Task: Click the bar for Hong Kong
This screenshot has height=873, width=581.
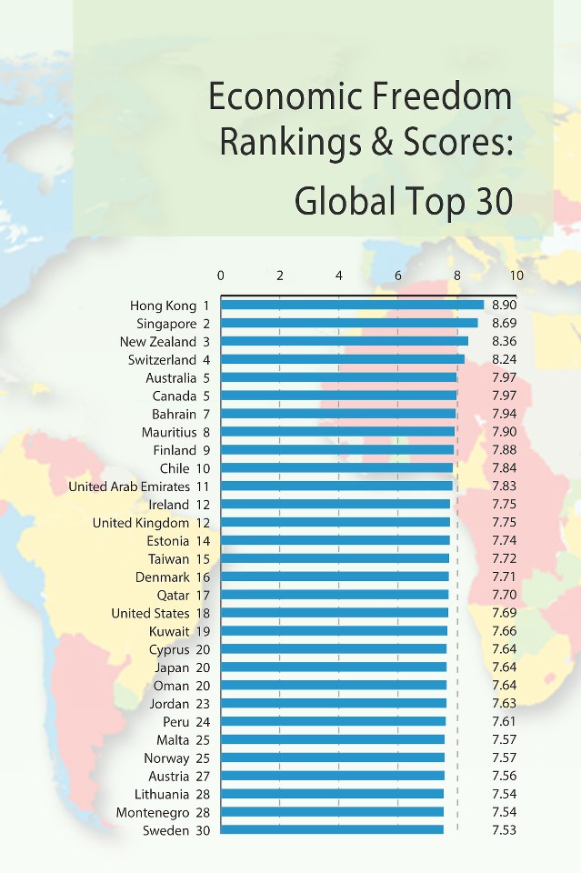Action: (352, 306)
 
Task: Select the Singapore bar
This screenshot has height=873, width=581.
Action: (349, 323)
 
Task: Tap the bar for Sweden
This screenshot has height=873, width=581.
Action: (332, 829)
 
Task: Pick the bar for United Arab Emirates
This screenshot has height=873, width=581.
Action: (336, 486)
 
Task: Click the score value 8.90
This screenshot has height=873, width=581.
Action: (504, 306)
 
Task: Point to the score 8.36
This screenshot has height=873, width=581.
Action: (504, 342)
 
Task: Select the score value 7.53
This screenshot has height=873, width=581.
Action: (504, 830)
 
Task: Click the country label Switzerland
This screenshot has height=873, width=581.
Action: (157, 360)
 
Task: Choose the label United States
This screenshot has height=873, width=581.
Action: (150, 613)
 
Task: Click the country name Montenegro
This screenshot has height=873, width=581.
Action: (153, 812)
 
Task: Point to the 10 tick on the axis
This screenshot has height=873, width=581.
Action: (516, 276)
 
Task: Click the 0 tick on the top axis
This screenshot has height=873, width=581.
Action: (221, 276)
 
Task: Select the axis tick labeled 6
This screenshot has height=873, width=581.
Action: (398, 276)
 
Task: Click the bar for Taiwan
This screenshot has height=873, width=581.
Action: (335, 558)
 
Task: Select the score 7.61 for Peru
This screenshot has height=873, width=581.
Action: (504, 721)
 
